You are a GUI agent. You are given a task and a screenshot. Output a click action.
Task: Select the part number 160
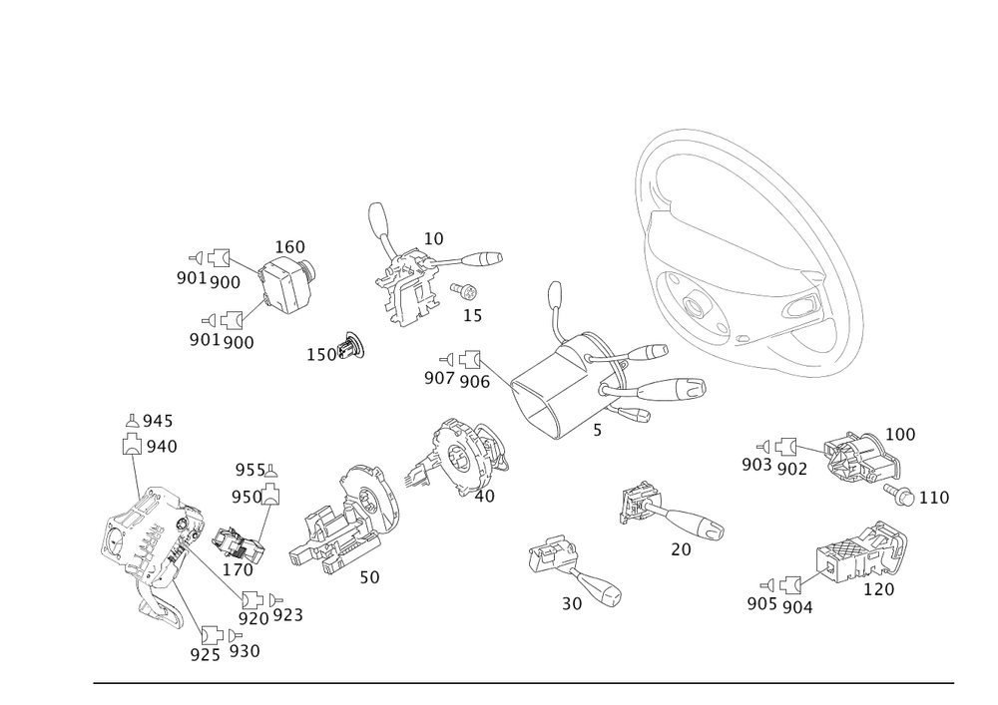(289, 246)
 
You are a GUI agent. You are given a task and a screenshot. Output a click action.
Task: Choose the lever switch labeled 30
(574, 567)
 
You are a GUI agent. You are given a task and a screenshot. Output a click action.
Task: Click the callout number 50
(370, 577)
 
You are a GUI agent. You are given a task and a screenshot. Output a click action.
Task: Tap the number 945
(158, 421)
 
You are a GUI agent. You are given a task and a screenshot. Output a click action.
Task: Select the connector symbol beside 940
(132, 443)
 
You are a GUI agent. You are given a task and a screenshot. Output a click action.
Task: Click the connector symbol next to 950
(272, 495)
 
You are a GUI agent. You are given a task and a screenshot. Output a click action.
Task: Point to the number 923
(287, 614)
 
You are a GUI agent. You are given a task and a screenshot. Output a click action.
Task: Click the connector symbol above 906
(470, 360)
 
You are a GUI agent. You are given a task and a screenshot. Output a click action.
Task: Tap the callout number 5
(597, 431)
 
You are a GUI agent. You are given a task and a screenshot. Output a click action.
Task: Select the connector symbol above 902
(787, 447)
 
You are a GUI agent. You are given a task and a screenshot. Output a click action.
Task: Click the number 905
(762, 604)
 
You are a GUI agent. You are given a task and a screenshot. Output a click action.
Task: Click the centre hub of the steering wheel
(694, 305)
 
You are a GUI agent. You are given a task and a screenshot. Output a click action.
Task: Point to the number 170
(239, 569)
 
